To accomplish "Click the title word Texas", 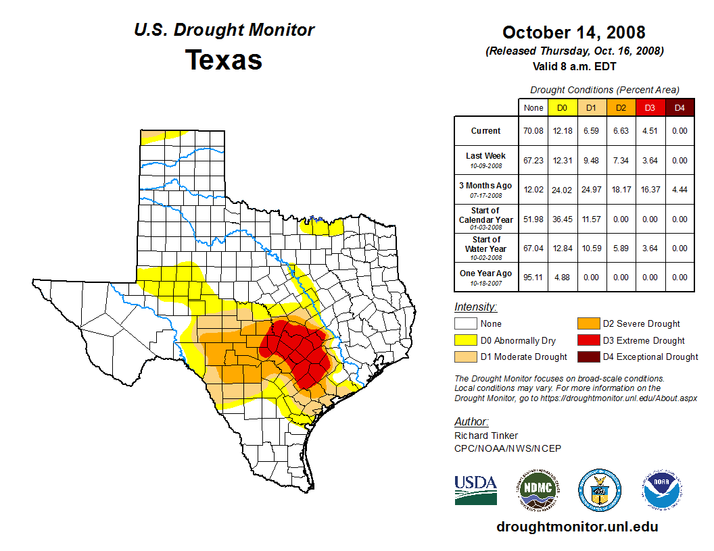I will [x=224, y=59].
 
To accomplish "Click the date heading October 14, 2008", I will [x=573, y=32].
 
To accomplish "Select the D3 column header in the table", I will [x=650, y=107].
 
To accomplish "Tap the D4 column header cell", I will [x=680, y=107].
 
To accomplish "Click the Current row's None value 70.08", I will [x=533, y=131].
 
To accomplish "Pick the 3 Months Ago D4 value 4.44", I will [x=680, y=190].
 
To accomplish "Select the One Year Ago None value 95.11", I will [x=533, y=277].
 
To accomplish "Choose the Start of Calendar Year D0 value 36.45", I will [x=562, y=219].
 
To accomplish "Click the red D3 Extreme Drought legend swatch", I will [x=588, y=340].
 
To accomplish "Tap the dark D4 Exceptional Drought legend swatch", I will [x=588, y=357].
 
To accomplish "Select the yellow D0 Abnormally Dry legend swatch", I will [x=466, y=340].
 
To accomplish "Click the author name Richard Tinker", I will [x=486, y=436].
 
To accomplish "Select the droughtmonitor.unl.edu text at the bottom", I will [x=577, y=527].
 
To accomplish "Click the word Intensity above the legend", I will [x=475, y=307].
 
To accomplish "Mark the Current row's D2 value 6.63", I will [x=621, y=131].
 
